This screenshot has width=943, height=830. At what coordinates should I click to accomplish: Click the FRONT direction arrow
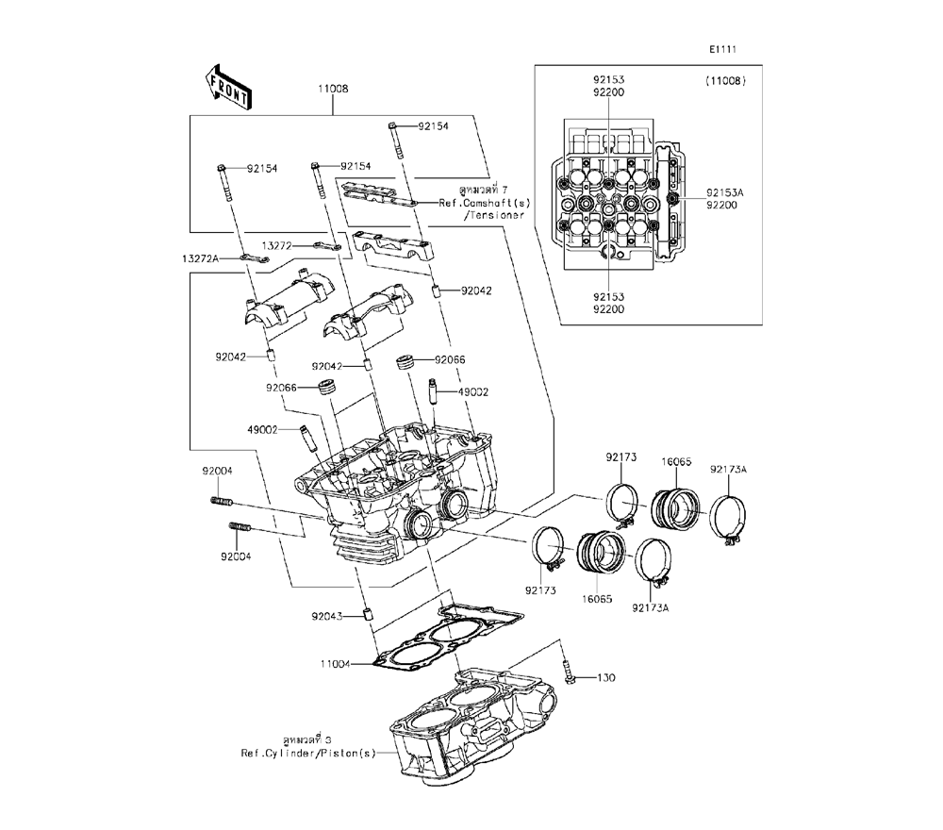pos(228,88)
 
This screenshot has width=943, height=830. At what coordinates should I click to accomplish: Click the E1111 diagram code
pos(722,49)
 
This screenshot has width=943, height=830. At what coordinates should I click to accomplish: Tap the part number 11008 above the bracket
pos(333,89)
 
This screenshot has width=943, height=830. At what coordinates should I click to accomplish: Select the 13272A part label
pos(200,258)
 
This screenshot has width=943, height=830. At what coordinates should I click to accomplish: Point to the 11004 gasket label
pos(335,664)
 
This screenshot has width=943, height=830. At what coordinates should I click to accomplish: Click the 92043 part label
pos(326,617)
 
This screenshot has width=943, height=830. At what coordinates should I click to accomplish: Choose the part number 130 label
pos(605,678)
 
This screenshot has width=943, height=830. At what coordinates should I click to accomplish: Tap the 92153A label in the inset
pos(724,192)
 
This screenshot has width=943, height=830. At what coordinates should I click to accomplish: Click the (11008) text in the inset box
pos(725,80)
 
